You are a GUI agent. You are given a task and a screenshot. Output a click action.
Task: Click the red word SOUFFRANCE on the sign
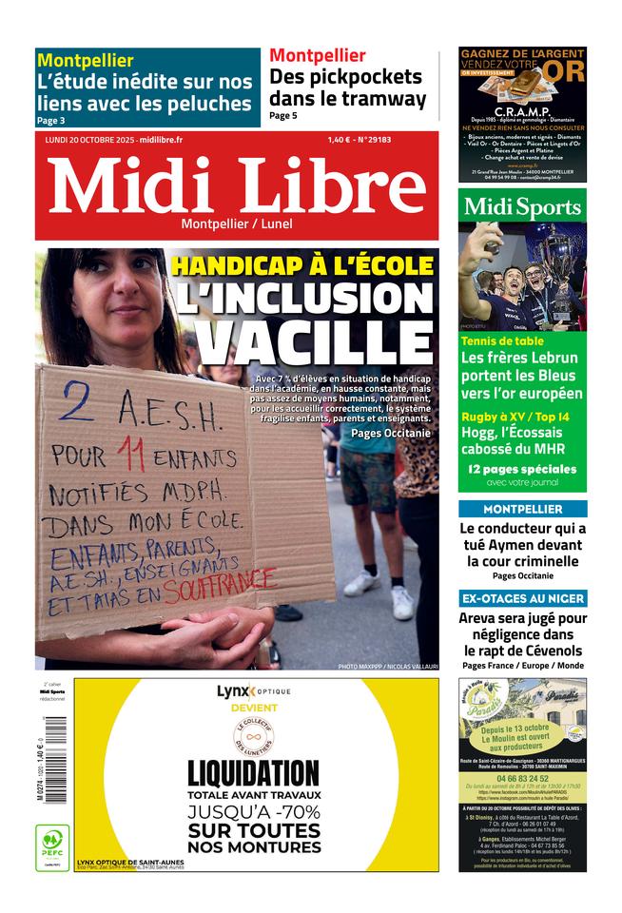click(220, 589)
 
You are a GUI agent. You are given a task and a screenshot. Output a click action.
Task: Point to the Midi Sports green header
click(522, 206)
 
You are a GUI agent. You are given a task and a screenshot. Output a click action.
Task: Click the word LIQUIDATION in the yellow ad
click(253, 772)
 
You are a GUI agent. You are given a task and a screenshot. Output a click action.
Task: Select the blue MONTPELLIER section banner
click(522, 509)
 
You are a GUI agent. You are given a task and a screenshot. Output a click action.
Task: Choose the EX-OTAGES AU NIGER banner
click(522, 598)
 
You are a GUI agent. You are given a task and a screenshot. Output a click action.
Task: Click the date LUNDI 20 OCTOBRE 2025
click(90, 140)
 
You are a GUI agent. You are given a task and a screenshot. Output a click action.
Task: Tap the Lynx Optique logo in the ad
click(253, 691)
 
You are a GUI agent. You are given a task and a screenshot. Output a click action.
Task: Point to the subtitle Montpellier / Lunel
click(237, 223)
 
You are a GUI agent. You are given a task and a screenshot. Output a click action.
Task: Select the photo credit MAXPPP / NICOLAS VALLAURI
click(388, 667)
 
